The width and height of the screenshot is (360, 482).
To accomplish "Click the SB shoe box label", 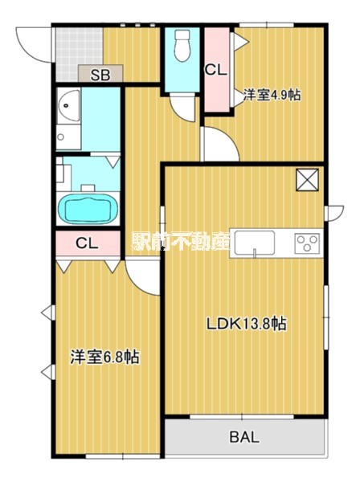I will pyautogui.click(x=100, y=76).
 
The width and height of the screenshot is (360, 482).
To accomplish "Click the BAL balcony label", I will pyautogui.click(x=244, y=438).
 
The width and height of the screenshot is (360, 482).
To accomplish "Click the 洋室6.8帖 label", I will pyautogui.click(x=104, y=357).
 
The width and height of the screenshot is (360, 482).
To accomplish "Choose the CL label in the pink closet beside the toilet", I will pyautogui.click(x=215, y=69).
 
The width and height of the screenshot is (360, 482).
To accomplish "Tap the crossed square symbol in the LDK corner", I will pyautogui.click(x=308, y=180).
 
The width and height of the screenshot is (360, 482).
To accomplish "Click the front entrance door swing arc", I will pyautogui.click(x=32, y=42).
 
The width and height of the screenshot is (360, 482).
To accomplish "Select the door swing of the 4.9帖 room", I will pyautogui.click(x=217, y=145).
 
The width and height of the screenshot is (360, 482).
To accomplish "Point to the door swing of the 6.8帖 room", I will pyautogui.click(x=143, y=277).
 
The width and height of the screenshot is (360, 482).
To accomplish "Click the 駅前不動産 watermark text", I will pyautogui.click(x=181, y=241).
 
